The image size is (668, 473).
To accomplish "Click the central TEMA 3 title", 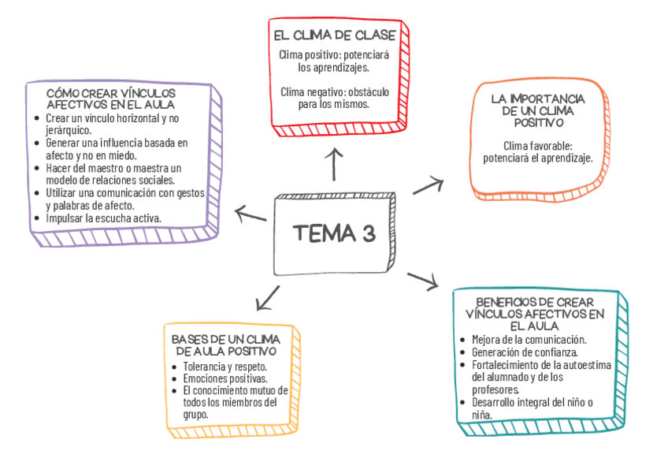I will (x=333, y=233).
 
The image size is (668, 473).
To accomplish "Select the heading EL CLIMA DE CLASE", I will (x=334, y=35).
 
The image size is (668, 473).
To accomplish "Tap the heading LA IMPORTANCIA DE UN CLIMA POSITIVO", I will (x=537, y=110).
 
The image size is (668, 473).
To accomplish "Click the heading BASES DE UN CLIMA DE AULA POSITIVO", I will (x=225, y=345).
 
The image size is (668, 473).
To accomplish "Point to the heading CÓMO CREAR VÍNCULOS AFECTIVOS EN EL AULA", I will (x=111, y=99).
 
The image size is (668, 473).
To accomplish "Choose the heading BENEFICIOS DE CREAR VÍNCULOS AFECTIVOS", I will (x=535, y=313).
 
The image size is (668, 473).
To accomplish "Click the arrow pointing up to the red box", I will (x=336, y=162).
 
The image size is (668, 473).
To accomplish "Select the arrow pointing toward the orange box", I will (x=429, y=185).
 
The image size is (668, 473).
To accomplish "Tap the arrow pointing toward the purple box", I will (x=250, y=214).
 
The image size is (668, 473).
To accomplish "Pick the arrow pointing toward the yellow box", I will (x=268, y=297).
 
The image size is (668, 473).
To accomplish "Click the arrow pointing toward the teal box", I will (x=422, y=279).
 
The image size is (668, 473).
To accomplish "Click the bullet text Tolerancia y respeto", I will (x=225, y=367).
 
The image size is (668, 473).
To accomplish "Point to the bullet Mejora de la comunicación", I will (x=529, y=340).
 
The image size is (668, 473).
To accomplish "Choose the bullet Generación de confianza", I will (x=524, y=352).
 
